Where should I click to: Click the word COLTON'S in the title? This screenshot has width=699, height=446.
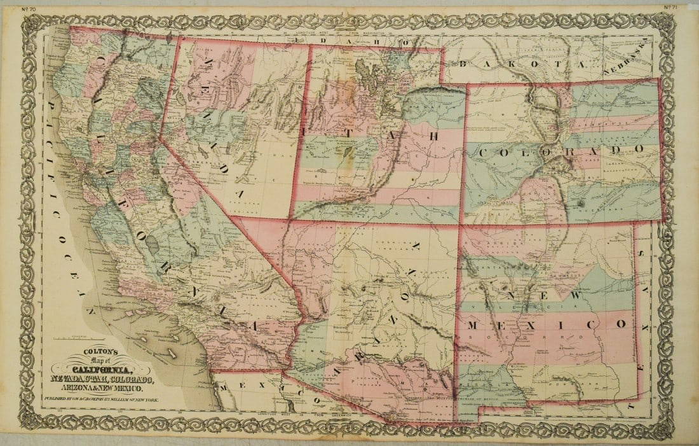tap(97, 357)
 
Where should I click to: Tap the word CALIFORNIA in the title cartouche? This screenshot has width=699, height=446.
tap(102, 371)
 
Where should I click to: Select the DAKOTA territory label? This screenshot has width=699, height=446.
tap(503, 64)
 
